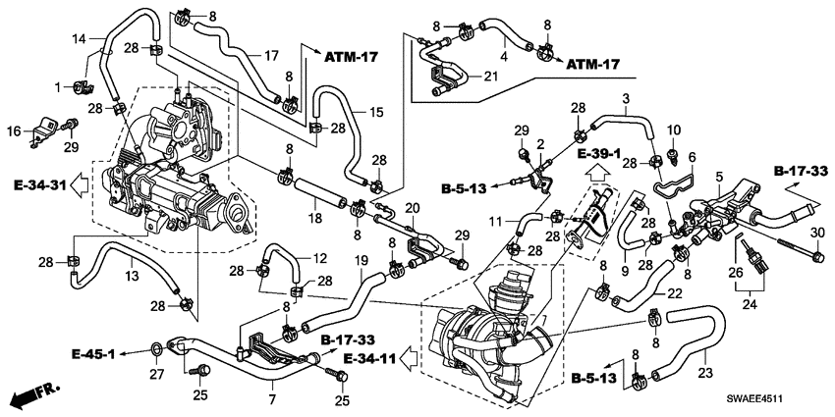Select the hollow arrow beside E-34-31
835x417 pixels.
pos(81,185)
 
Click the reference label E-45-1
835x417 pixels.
pos(93,353)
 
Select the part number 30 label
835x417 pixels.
pos(818,233)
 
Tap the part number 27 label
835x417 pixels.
pos(157,376)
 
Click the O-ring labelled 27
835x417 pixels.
pos(157,349)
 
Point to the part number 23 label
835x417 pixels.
pos(705,374)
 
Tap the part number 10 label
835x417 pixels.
pos(674,130)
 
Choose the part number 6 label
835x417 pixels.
pos(692,157)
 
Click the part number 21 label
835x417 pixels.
pos(490,77)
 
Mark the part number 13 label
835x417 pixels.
pos(132,276)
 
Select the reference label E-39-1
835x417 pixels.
pos(599,154)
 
